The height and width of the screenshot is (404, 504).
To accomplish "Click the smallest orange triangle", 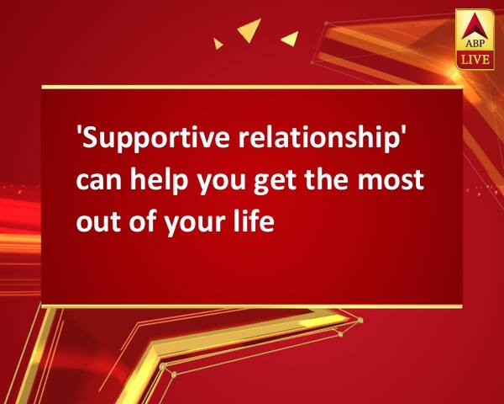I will pyautogui.click(x=218, y=43).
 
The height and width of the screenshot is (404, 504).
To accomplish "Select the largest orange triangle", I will pyautogui.click(x=249, y=32).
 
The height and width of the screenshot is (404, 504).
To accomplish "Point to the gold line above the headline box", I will pyautogui.click(x=252, y=87).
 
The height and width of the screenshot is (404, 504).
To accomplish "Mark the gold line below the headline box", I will pyautogui.click(x=252, y=306).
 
